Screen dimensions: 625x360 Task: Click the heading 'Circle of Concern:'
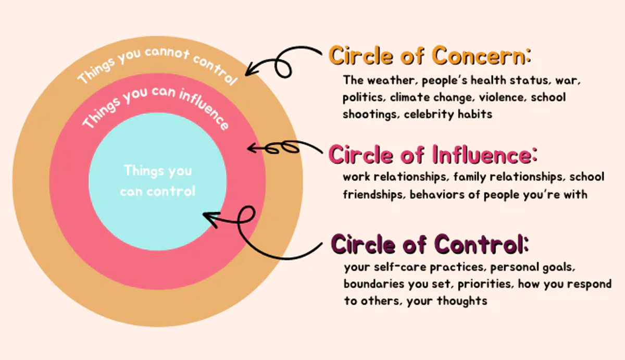tap(430, 56)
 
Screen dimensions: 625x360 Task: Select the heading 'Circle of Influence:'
tap(433, 154)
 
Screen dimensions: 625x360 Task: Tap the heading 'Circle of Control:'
tap(430, 244)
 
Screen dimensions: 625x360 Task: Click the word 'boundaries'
tap(374, 284)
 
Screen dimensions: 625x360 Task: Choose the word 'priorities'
tap(486, 284)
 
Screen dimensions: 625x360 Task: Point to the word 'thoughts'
tap(462, 301)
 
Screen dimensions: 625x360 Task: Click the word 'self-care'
tap(401, 267)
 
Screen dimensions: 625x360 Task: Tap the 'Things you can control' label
tap(158, 181)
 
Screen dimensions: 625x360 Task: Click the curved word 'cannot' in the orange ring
tap(167, 53)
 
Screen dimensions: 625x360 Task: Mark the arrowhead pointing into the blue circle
tap(210, 219)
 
